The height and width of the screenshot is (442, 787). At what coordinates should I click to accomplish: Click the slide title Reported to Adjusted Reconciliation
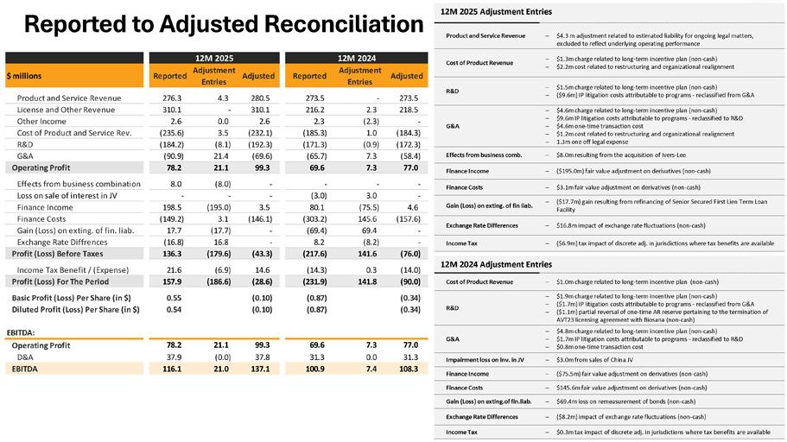coord(223,23)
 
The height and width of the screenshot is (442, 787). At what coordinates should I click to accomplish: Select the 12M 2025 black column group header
coord(214,58)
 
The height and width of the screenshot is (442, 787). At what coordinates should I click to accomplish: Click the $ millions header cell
coord(26,76)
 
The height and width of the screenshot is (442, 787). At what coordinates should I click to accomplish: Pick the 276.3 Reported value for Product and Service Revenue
coord(172,98)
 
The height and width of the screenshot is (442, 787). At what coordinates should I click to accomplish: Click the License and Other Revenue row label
coord(66,110)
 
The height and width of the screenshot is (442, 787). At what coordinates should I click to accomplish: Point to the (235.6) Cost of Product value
coord(171,132)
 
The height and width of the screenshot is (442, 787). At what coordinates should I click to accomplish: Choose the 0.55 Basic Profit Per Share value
coord(172,297)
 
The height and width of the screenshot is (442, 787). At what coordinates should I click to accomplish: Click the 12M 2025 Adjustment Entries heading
coord(496,12)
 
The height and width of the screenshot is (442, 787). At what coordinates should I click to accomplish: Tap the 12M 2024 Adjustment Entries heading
coord(496,264)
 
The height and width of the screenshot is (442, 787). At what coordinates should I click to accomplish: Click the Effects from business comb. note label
coord(484,154)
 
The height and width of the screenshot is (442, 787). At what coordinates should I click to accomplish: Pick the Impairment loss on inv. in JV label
coord(486,359)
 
